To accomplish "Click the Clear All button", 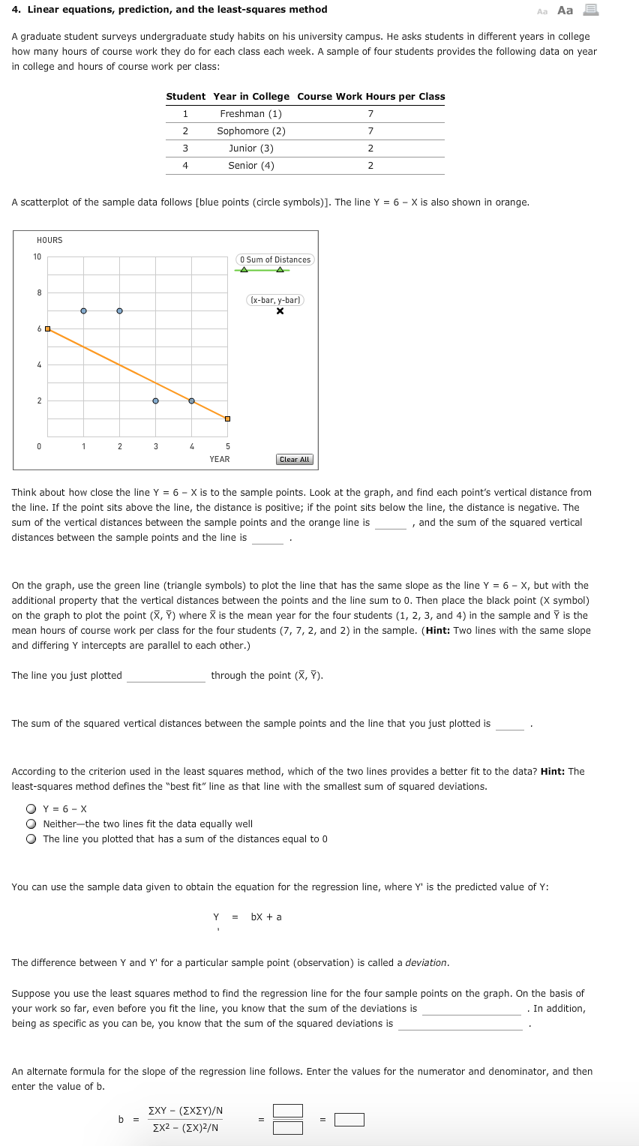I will point(294,459).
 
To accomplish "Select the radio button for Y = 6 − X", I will point(31,808).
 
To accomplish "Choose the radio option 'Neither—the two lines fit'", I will point(31,823).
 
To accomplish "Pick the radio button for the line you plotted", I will point(31,838).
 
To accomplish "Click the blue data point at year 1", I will point(83,310).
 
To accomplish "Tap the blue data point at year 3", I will point(155,400).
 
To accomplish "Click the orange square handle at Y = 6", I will point(47,328).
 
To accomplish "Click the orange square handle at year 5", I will point(227,418).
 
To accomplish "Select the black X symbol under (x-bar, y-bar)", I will point(280,311).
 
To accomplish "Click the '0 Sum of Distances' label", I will point(275,259).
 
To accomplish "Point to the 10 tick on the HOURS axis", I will point(37,257).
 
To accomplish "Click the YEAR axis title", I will point(220,459).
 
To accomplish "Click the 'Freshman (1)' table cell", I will point(250,114).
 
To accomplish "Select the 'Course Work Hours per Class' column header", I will point(370,97).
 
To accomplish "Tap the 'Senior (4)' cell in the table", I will point(250,166).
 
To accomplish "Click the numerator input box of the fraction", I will point(288,1111).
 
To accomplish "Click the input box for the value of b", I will point(349,1120).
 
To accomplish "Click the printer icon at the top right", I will point(590,10).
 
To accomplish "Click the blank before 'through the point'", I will point(166,676).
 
